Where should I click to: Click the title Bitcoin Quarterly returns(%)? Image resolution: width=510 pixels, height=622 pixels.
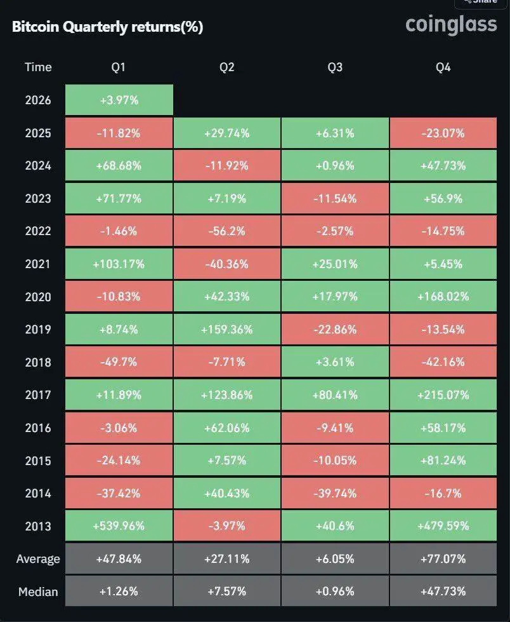[x=107, y=27]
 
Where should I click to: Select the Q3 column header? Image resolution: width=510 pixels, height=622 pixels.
[x=335, y=67]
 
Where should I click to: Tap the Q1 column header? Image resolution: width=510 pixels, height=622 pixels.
[x=119, y=67]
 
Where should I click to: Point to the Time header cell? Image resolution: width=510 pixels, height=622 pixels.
[x=38, y=67]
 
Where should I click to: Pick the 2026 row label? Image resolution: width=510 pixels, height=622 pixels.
[x=38, y=100]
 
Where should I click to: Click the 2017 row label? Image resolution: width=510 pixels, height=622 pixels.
[x=38, y=395]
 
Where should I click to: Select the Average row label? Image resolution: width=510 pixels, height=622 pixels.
[x=38, y=559]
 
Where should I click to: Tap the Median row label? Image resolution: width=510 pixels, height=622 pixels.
[x=38, y=592]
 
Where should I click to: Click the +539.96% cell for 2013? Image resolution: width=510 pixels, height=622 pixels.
[x=119, y=527]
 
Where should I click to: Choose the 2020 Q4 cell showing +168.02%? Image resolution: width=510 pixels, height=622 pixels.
[x=443, y=297]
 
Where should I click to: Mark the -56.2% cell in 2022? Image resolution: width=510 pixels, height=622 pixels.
[x=226, y=231]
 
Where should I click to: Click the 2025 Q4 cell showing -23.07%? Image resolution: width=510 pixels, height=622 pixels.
[x=443, y=133]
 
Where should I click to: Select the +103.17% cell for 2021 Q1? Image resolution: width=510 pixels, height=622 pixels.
[x=119, y=264]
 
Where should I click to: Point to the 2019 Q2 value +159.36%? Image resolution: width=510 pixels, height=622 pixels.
[x=226, y=330]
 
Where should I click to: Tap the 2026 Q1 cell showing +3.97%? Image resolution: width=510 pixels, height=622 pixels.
[x=119, y=100]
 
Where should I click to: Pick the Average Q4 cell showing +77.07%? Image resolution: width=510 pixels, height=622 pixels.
[x=443, y=559]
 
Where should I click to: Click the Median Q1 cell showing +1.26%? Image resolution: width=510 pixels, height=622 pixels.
[x=119, y=592]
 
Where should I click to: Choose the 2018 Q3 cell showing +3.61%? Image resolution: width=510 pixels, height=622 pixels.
[x=335, y=363]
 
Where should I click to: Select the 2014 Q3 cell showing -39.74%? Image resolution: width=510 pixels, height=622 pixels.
[x=335, y=494]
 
